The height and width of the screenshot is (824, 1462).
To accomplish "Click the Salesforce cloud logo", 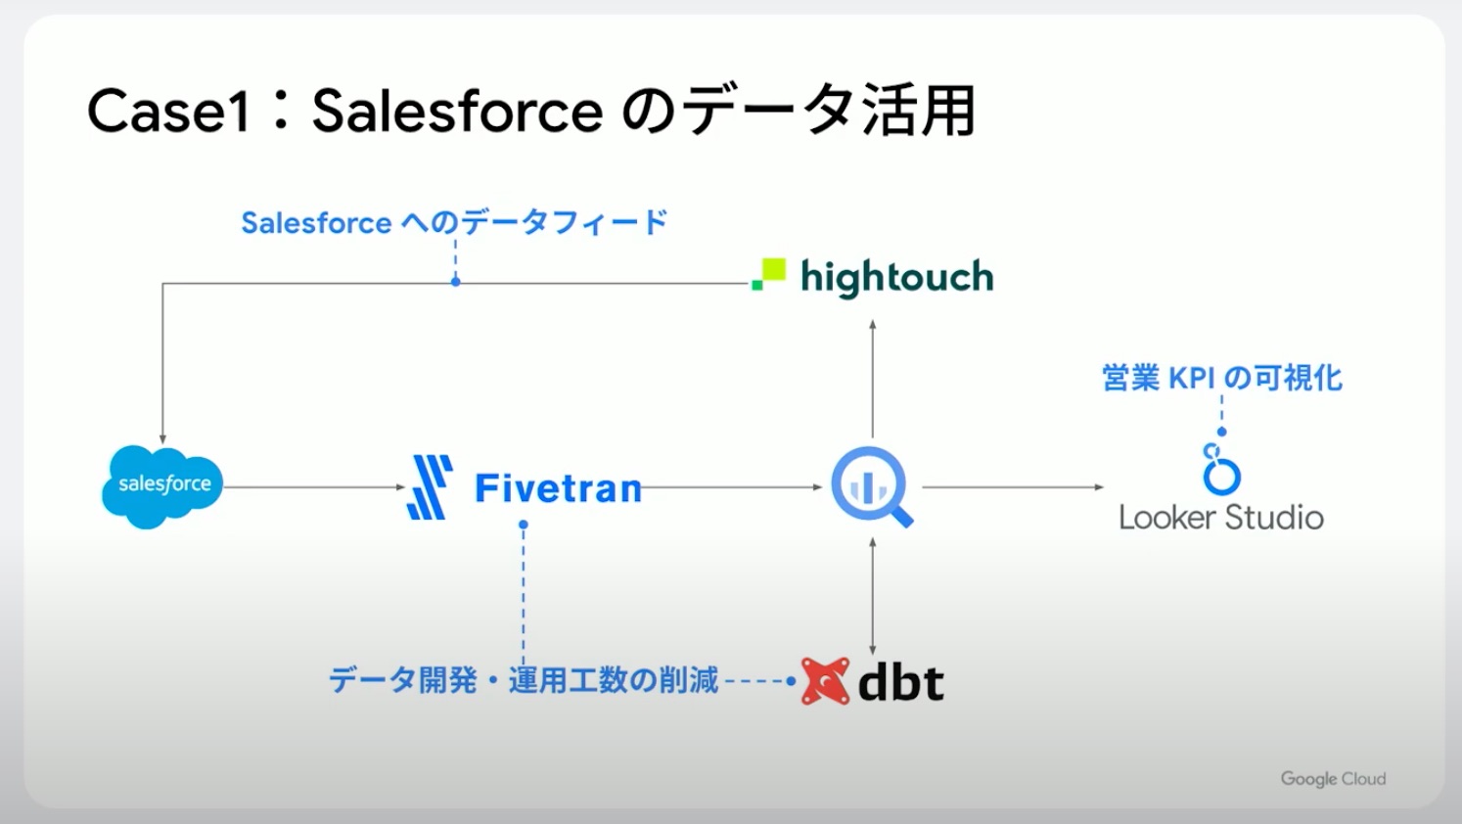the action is tap(162, 486).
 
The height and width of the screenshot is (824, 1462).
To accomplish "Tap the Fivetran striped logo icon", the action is tap(430, 487).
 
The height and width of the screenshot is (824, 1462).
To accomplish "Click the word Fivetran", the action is tap(558, 488).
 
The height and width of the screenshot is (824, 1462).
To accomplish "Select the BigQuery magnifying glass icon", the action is tap(872, 486).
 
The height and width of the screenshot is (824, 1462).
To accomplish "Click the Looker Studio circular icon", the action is tap(1221, 470).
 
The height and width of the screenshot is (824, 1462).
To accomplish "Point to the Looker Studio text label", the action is tap(1221, 517).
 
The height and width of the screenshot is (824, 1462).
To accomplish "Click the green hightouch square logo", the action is tap(769, 274).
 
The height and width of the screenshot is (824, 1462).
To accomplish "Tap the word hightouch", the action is tap(896, 277).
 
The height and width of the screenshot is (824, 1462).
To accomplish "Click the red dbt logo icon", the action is tap(825, 681).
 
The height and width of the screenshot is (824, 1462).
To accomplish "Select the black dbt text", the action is tap(900, 682).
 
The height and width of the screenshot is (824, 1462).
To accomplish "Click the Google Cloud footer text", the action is tap(1333, 779).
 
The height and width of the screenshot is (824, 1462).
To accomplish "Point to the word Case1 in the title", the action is tap(169, 111).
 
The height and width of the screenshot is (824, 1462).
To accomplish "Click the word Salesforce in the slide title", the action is tap(458, 111).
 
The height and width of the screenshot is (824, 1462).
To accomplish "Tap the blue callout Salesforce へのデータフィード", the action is tap(454, 223).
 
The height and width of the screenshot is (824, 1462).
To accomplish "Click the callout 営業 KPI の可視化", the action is tap(1222, 378).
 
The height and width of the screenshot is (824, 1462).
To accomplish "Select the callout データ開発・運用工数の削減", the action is tap(524, 680).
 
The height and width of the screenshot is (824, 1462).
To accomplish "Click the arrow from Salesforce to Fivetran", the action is tap(314, 487).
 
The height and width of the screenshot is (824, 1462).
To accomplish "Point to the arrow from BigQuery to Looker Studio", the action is tap(1012, 487).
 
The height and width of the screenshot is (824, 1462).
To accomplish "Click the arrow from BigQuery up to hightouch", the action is tap(873, 379).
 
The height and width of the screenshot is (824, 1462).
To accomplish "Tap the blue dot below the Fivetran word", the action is tap(524, 525).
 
